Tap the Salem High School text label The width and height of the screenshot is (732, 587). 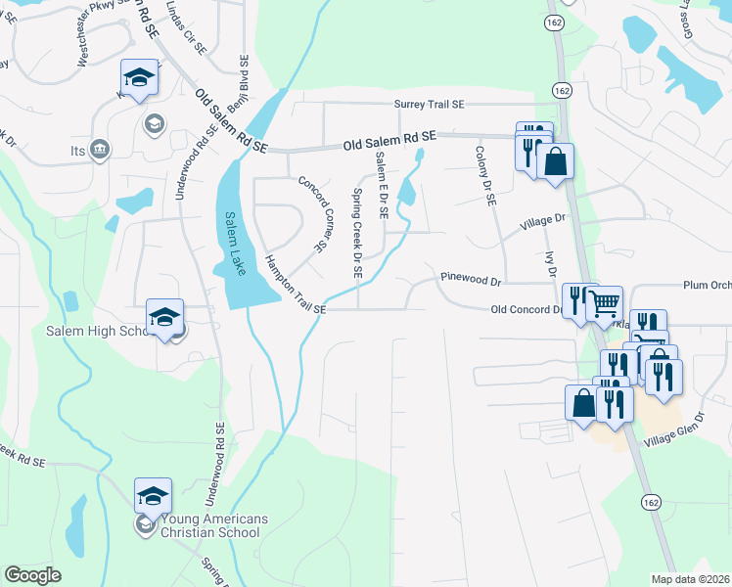pos(95,331)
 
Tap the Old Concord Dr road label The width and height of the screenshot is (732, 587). pos(526,309)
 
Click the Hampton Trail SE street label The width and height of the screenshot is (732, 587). pos(294,285)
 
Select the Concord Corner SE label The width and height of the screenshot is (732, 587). pos(311,213)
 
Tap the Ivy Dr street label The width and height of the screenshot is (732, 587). pos(553,263)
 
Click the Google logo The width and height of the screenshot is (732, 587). pos(32,575)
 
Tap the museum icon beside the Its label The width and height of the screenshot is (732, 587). pos(99,149)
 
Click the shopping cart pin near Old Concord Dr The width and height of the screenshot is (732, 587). pos(605,304)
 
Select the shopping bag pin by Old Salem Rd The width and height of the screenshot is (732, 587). pos(555,161)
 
